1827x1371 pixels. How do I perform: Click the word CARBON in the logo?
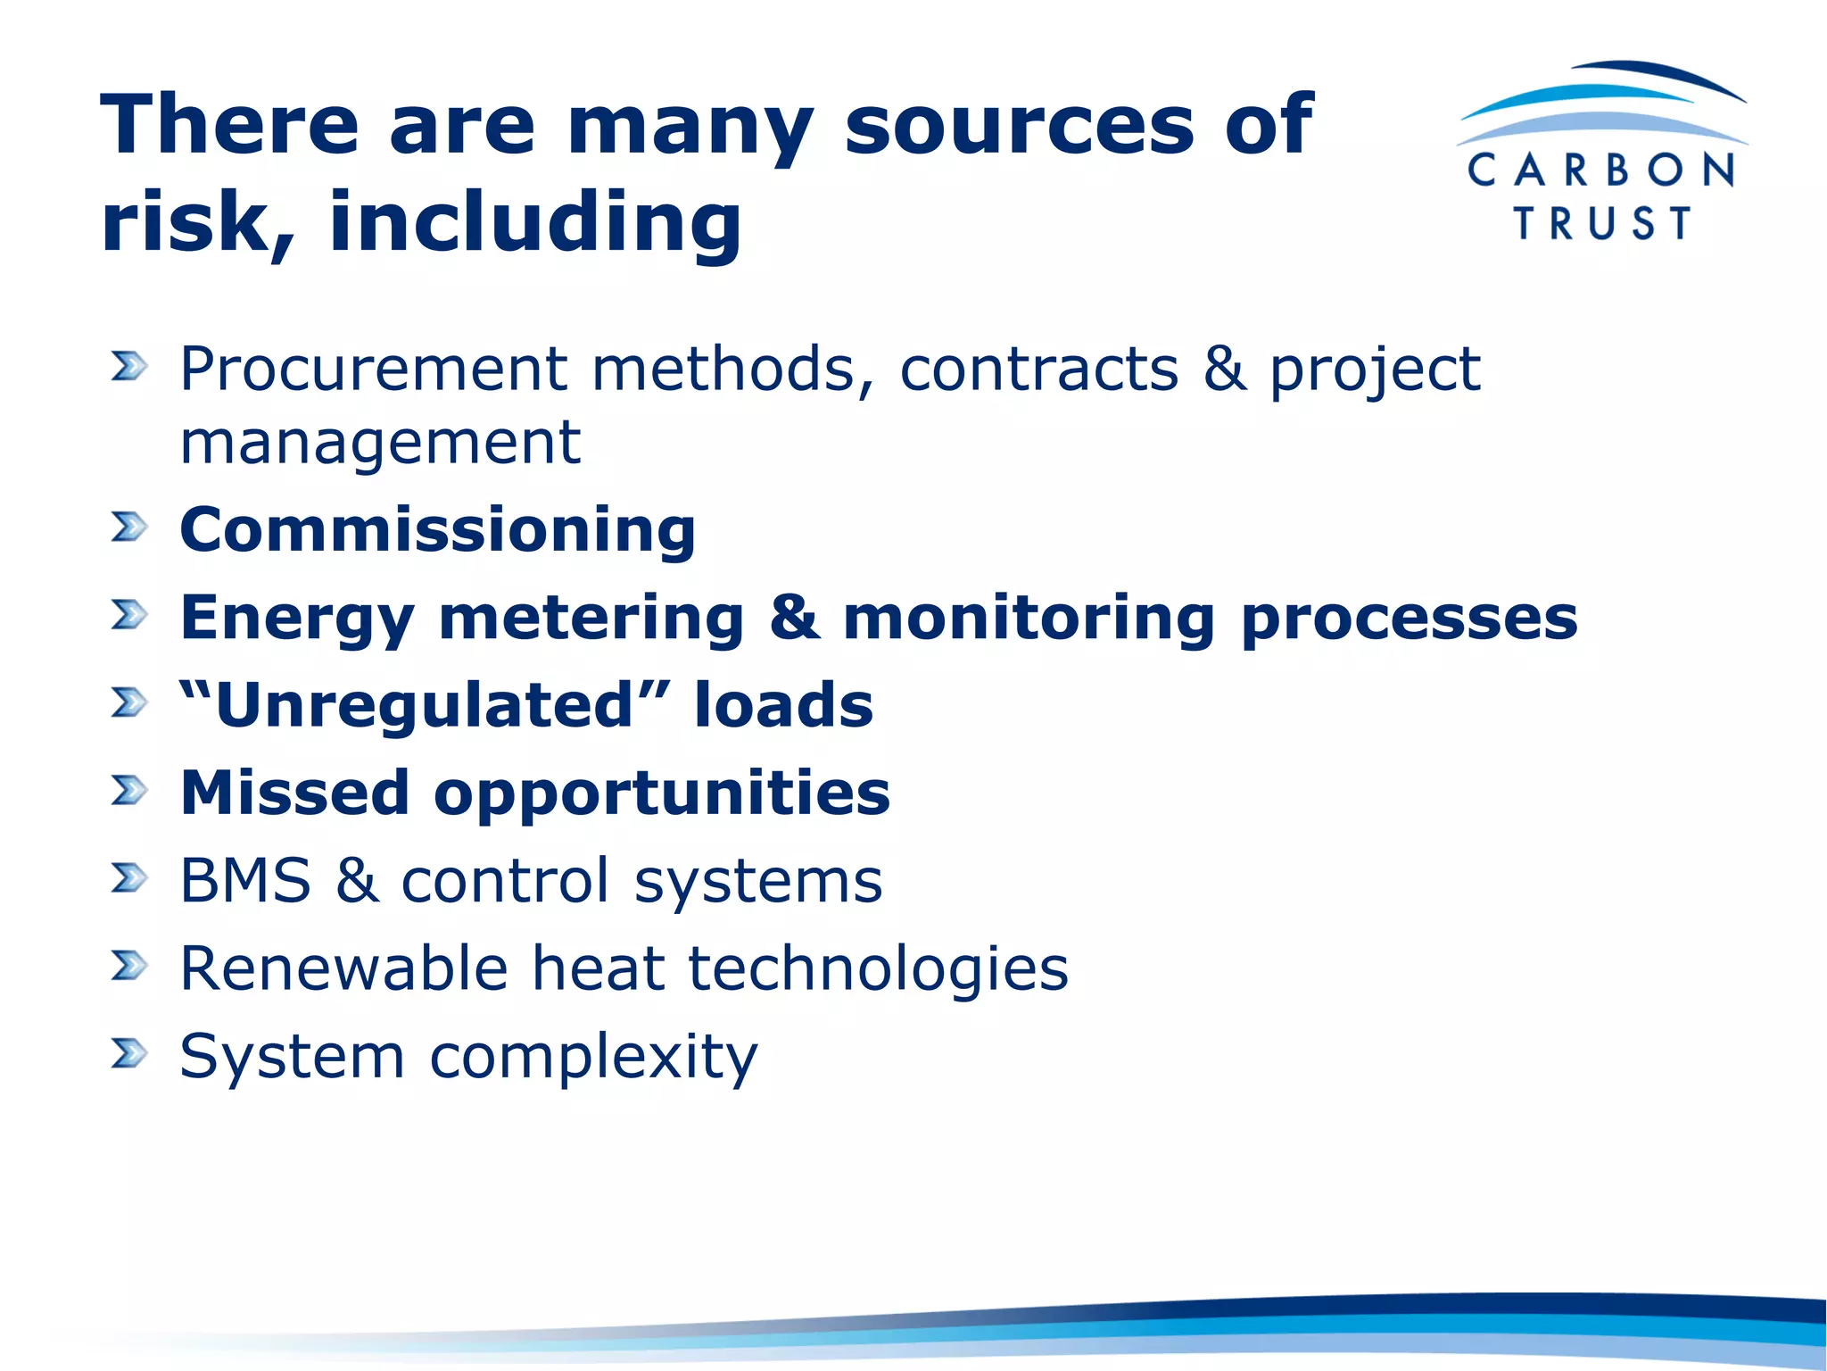click(1601, 170)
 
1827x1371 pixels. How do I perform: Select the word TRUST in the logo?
click(1602, 223)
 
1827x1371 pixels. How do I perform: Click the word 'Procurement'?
click(374, 369)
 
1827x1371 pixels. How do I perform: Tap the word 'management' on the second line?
click(380, 443)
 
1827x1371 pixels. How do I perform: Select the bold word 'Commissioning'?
click(437, 530)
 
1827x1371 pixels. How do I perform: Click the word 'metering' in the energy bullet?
click(591, 618)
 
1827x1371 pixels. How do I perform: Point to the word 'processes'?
click(1409, 618)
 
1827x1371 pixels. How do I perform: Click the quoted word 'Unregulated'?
click(425, 705)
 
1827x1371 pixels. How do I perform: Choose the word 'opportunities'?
click(661, 793)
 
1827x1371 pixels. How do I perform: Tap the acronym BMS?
click(245, 881)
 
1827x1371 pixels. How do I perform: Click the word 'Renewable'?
click(343, 968)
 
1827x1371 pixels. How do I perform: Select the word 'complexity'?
click(593, 1057)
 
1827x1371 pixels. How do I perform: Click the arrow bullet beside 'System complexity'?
click(128, 1053)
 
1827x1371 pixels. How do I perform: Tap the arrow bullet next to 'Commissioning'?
click(128, 527)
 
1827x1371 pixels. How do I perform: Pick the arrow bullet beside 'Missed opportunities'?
click(128, 790)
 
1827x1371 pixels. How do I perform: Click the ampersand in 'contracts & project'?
click(1223, 369)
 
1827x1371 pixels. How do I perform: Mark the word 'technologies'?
click(878, 968)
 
